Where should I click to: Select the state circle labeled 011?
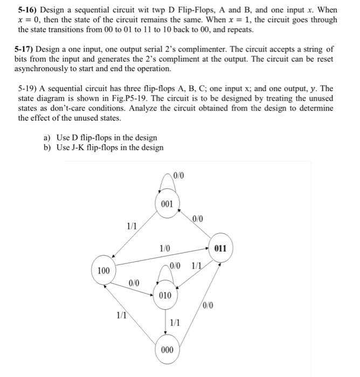(x=221, y=249)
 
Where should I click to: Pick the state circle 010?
(x=167, y=295)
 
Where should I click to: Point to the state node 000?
(x=167, y=349)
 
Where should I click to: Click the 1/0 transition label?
(x=164, y=248)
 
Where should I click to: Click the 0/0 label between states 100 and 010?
(x=134, y=282)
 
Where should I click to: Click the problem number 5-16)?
(x=26, y=10)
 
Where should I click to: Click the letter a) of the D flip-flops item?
(x=47, y=138)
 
